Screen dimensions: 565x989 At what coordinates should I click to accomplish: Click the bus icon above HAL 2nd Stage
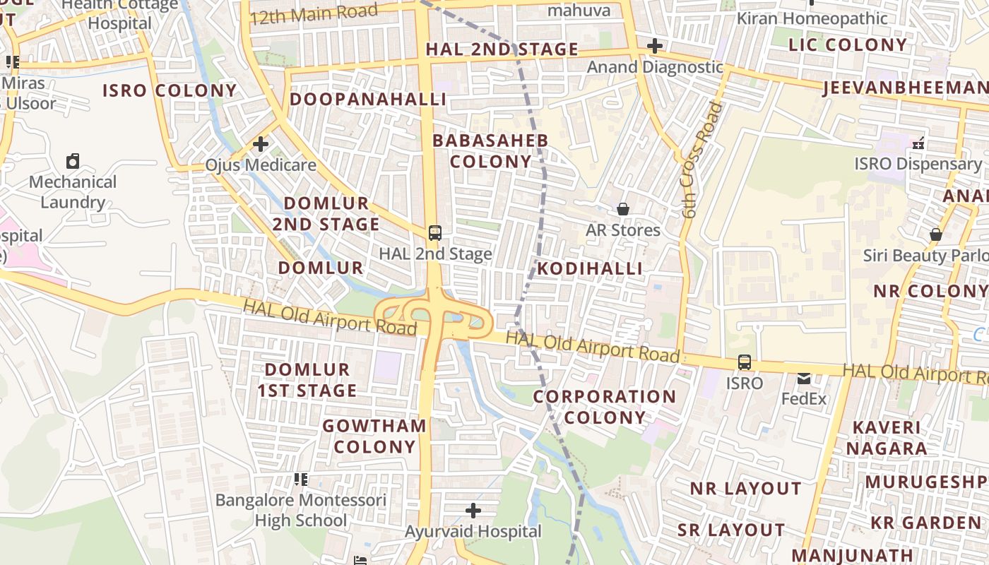pos(435,232)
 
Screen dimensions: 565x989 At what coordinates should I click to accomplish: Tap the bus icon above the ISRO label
pos(745,362)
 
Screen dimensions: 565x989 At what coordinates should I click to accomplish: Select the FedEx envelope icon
pos(804,379)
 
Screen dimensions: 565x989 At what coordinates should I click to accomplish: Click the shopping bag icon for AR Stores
pos(623,209)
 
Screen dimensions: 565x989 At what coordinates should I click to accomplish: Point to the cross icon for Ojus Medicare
pos(261,144)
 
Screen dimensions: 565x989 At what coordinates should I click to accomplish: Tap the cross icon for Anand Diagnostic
pos(655,47)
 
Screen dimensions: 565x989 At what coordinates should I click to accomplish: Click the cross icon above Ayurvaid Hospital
pos(473,510)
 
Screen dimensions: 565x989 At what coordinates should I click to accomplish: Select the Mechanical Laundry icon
pos(73,161)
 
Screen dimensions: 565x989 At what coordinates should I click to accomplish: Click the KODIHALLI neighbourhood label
pos(590,268)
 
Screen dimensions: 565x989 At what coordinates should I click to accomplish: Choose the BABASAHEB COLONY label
pos(490,150)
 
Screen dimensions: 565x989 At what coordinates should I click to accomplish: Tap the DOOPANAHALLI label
pos(368,99)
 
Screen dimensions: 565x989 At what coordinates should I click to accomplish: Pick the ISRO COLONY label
pos(170,90)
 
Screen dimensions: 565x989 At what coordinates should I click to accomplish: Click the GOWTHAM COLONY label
pos(374,436)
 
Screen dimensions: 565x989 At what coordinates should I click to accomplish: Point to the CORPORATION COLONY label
pos(605,407)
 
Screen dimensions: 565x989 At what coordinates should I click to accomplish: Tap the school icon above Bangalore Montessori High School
pos(301,480)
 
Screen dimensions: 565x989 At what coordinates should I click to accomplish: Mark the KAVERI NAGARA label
pos(887,437)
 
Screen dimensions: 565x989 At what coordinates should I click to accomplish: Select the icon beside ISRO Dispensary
pos(918,143)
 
